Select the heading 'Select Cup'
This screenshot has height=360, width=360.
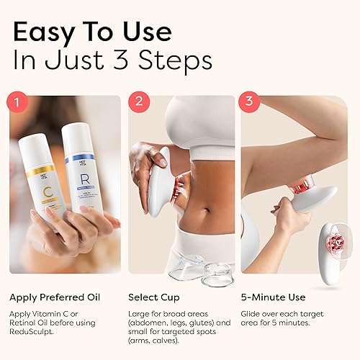coord(155,297)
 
